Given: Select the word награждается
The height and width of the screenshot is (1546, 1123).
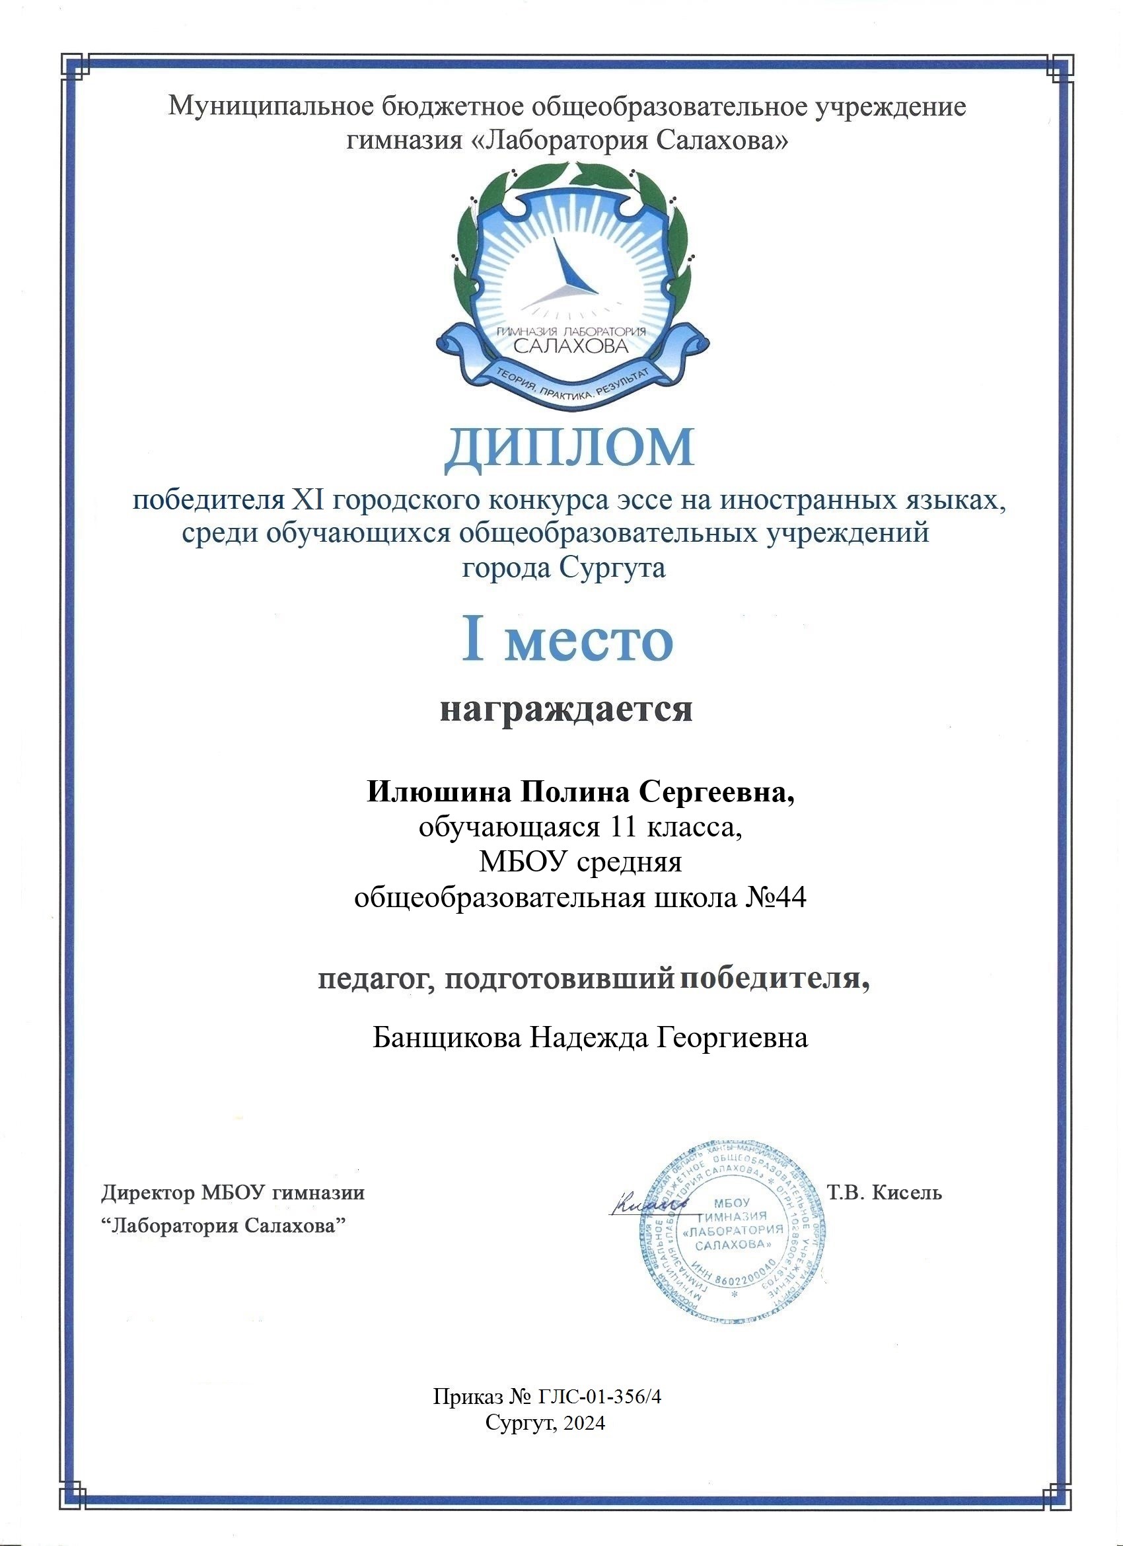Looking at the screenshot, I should (x=566, y=710).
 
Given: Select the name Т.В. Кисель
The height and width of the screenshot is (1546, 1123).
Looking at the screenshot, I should (x=885, y=1193).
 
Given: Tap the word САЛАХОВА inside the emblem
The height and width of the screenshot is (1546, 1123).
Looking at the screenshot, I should (x=569, y=346).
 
